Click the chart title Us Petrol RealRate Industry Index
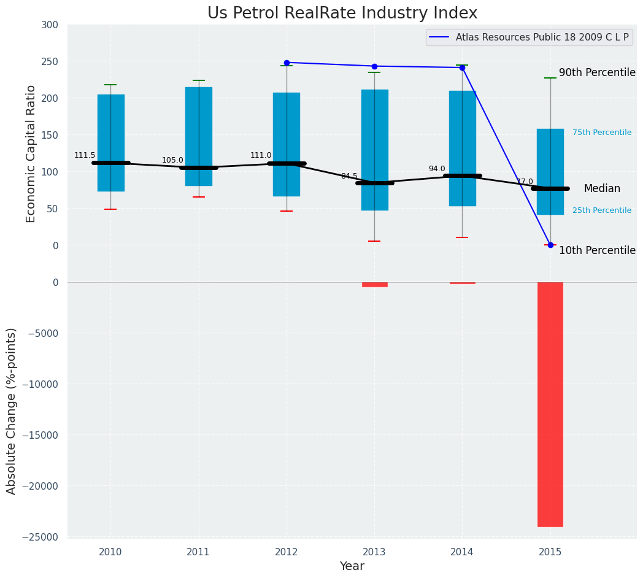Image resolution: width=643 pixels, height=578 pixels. [x=342, y=13]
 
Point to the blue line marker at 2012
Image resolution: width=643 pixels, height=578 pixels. [x=287, y=63]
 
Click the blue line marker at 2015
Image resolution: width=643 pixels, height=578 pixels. [x=550, y=245]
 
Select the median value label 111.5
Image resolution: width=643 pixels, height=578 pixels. [x=85, y=156]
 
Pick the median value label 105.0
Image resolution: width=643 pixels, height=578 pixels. [x=172, y=161]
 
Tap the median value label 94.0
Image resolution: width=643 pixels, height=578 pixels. [x=437, y=169]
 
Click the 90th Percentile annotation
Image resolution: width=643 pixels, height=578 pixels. [x=597, y=72]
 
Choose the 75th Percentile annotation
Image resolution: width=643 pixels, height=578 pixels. [x=602, y=133]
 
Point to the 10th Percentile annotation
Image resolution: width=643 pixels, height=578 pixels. [x=597, y=250]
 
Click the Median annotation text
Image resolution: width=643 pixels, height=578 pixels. [x=602, y=189]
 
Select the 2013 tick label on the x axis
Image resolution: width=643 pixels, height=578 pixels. [x=374, y=552]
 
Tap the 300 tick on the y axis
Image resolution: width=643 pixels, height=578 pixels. [x=50, y=25]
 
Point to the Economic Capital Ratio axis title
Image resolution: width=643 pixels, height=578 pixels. [x=31, y=154]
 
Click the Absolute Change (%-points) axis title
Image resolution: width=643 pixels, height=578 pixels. [x=12, y=410]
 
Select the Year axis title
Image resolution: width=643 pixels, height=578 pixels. [x=352, y=566]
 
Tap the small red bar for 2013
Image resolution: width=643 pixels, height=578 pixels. [x=374, y=285]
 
